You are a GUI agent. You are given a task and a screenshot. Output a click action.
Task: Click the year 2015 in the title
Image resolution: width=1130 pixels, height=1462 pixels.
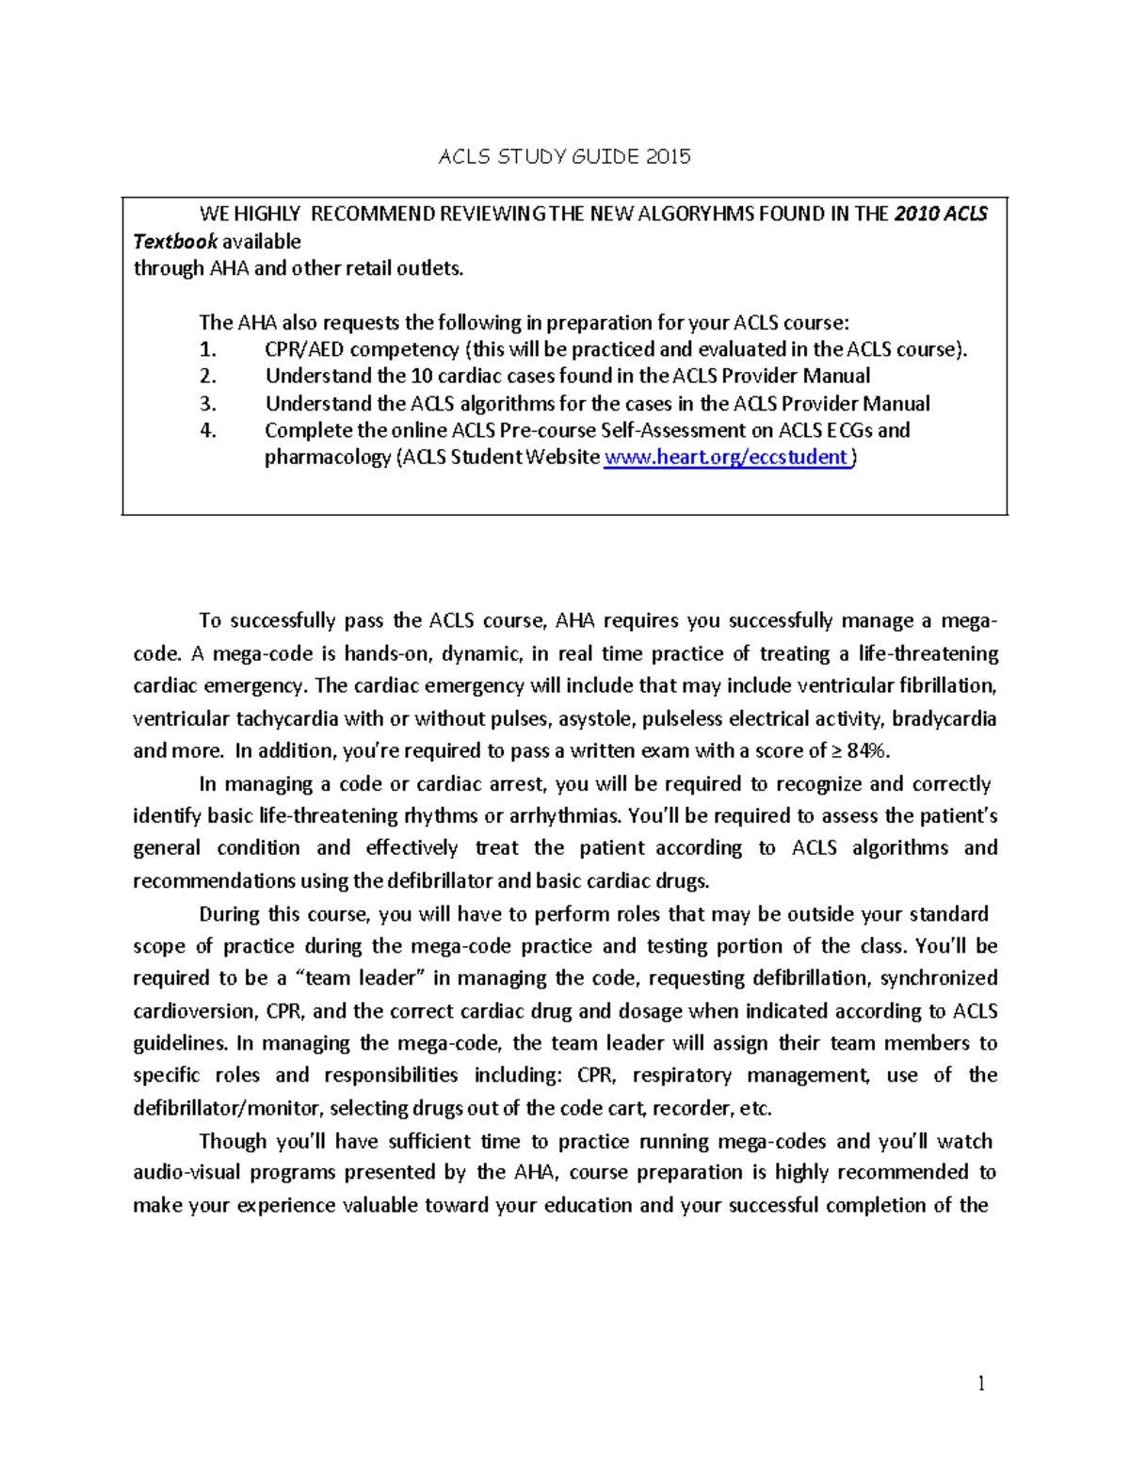(x=668, y=156)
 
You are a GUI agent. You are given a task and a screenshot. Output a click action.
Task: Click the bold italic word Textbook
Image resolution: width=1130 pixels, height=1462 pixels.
(x=175, y=241)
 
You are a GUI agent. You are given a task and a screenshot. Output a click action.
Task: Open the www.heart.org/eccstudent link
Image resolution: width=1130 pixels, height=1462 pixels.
(x=725, y=458)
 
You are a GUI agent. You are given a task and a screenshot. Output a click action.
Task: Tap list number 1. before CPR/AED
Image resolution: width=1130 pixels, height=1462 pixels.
(x=208, y=349)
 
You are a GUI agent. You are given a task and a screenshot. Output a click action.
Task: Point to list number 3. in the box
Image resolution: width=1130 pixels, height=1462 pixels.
(x=208, y=404)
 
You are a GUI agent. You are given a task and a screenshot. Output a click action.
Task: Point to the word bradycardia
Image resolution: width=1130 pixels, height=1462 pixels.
(x=944, y=719)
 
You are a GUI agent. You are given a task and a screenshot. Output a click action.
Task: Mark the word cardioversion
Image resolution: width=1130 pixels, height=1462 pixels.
(x=194, y=1011)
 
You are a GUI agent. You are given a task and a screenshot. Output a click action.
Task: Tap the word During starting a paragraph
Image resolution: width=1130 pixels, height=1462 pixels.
(x=230, y=914)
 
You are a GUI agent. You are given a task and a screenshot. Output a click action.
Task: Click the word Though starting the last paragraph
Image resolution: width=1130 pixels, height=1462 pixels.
(x=233, y=1141)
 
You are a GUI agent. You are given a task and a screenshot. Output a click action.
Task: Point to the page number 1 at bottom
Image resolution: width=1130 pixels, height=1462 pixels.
(x=980, y=1383)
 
